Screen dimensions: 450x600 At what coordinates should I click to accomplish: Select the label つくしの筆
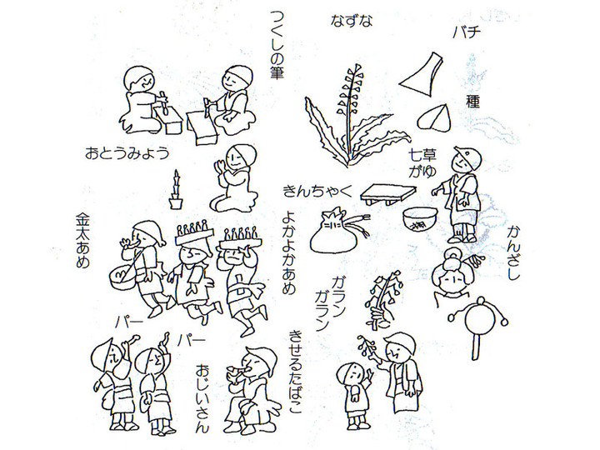[x=278, y=47]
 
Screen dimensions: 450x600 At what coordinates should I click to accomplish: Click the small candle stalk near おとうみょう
[x=176, y=194]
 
